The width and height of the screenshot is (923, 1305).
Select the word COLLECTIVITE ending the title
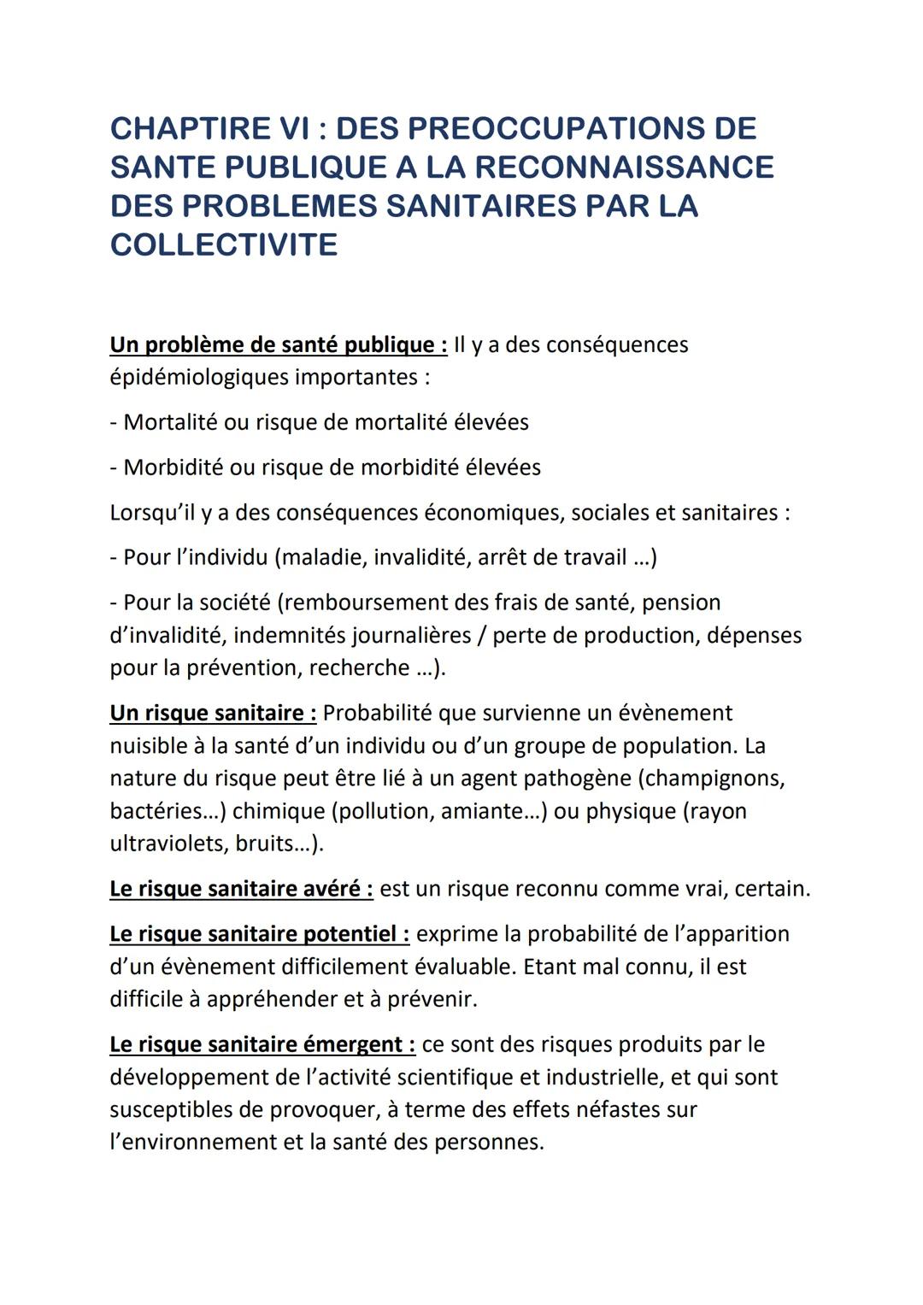point(224,244)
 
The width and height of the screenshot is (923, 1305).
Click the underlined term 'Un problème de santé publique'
point(278,344)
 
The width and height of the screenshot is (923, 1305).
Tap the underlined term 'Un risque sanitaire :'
point(213,713)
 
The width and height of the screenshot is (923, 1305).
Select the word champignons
point(714,779)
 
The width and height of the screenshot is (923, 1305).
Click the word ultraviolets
point(168,844)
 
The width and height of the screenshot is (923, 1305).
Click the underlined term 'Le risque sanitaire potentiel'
point(259,933)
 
